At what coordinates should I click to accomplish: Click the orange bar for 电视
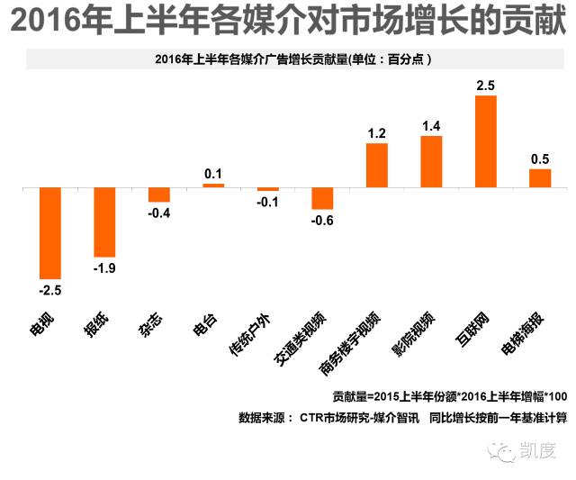click(50, 233)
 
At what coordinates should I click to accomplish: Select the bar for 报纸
click(104, 222)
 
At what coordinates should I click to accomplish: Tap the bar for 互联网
click(485, 141)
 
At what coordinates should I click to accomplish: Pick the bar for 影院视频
click(431, 162)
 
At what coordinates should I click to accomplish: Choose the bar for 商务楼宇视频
click(377, 166)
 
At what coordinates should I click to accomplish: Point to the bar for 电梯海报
click(540, 178)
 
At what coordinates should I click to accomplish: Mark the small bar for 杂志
click(159, 195)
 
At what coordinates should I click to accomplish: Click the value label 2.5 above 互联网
click(485, 86)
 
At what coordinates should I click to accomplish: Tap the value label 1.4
click(431, 126)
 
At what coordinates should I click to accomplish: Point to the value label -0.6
click(321, 222)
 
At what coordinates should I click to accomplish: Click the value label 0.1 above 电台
click(213, 173)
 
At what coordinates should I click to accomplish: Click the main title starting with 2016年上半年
click(287, 21)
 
